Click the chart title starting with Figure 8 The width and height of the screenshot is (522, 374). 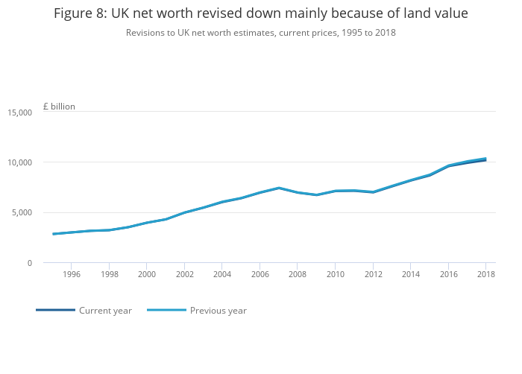tap(261, 13)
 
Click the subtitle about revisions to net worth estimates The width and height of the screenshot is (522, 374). tap(261, 33)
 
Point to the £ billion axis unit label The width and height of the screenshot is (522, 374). tap(59, 107)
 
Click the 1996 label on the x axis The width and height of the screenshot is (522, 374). tap(71, 275)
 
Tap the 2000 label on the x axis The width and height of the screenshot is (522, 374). tap(146, 275)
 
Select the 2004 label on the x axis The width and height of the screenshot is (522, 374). tap(221, 275)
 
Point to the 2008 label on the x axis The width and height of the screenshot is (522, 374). tap(298, 275)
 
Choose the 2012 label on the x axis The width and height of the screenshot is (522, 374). tap(373, 275)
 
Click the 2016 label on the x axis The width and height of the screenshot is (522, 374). tap(448, 275)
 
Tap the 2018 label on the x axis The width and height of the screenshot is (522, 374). tap(486, 275)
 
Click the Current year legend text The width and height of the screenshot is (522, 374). tap(105, 311)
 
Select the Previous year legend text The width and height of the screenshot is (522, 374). tap(218, 311)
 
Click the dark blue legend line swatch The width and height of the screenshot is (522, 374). tap(55, 310)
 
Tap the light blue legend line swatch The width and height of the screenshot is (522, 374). tap(166, 310)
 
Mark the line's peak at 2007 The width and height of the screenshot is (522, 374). tap(278, 188)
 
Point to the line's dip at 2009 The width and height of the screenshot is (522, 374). tap(316, 195)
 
